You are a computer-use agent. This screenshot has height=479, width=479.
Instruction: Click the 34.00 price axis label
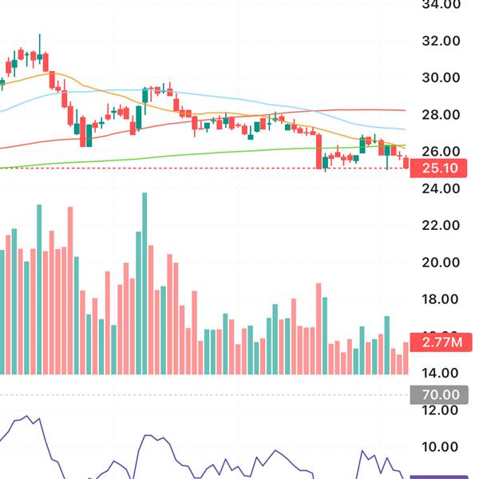[x=441, y=5]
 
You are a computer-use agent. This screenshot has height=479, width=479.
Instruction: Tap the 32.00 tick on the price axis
[x=441, y=42]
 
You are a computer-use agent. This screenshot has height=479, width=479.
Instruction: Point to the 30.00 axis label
[x=441, y=78]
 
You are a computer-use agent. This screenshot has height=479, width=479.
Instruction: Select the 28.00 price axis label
[x=441, y=115]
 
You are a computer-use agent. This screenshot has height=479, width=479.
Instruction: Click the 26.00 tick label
[x=441, y=152]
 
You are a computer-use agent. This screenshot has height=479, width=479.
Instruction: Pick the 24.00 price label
[x=441, y=189]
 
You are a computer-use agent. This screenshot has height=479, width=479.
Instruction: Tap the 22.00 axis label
[x=441, y=226]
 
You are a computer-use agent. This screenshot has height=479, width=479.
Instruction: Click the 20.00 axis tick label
[x=441, y=263]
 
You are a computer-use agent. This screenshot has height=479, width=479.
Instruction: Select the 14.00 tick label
[x=441, y=373]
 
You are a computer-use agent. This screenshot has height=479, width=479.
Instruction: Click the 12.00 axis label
[x=441, y=410]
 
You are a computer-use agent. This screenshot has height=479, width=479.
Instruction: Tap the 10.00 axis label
[x=441, y=447]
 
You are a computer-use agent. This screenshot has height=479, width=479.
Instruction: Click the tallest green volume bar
[x=144, y=283]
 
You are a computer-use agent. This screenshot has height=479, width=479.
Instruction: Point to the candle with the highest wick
[x=40, y=45]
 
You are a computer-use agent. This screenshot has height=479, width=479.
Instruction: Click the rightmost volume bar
[x=406, y=358]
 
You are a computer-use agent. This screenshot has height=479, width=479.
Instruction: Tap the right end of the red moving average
[x=405, y=110]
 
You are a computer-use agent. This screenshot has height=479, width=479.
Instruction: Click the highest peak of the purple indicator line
[x=28, y=417]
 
